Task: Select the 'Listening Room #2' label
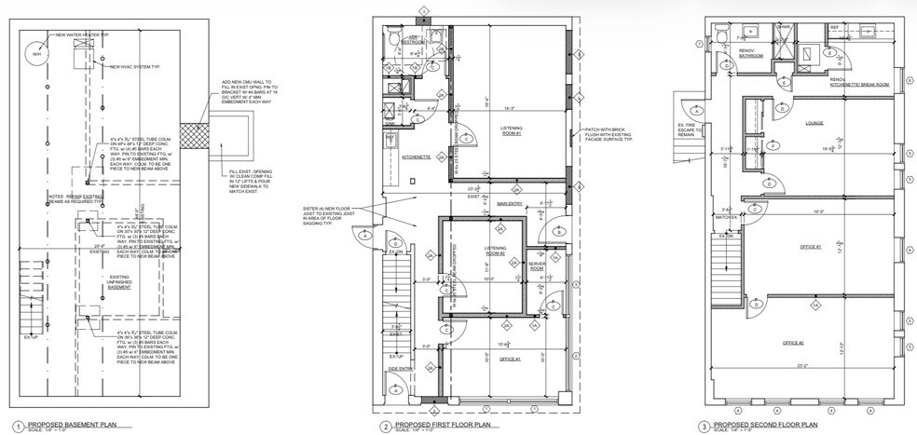pyautogui.click(x=495, y=251)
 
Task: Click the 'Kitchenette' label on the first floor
pyautogui.click(x=416, y=158)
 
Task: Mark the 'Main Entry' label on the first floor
pyautogui.click(x=509, y=203)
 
